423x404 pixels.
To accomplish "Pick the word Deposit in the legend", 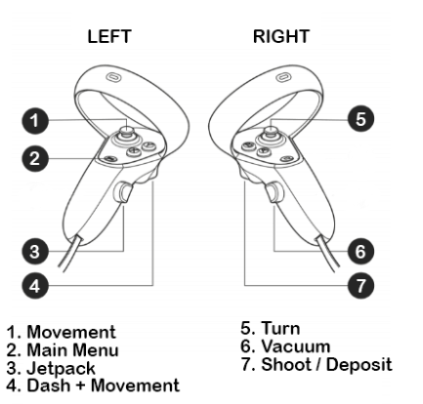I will point(341,361).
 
